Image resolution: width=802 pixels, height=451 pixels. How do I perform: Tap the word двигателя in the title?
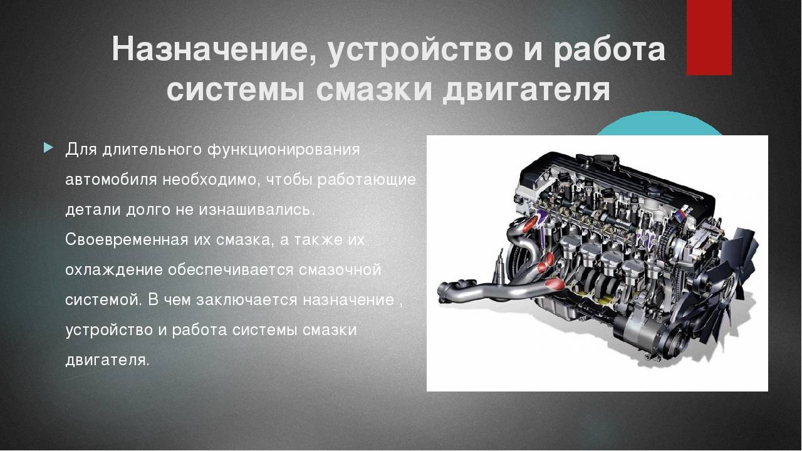pos(526,90)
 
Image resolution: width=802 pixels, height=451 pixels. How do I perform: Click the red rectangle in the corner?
pos(709,38)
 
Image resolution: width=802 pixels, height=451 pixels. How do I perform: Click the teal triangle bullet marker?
pos(48,147)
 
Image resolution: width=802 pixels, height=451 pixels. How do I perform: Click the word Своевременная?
pos(127,240)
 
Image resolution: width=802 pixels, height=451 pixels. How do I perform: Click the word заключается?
pos(246,300)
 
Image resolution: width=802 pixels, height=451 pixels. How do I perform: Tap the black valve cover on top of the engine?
pos(616,176)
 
